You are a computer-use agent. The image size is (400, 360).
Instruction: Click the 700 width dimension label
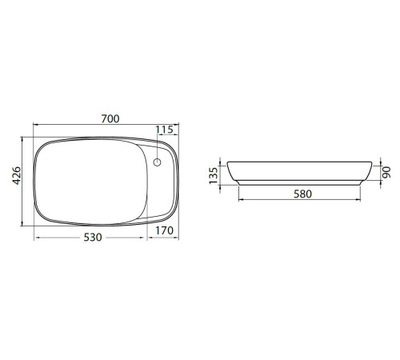pos(110,118)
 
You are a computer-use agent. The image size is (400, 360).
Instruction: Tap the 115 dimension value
pos(164,130)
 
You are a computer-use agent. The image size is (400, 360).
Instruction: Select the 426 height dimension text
pos(17,175)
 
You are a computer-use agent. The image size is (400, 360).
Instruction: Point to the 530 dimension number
pos(93,237)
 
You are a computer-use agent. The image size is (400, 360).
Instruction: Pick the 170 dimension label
pos(164,230)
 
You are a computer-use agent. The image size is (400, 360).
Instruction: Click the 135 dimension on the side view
pos(214,175)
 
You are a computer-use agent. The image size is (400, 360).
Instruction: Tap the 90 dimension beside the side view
pos(386,172)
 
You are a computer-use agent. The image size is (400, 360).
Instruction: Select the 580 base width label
pos(302,194)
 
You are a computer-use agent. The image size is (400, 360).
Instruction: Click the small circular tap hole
pos(157,162)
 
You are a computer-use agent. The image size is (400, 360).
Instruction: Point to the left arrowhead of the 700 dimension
pos(35,124)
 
